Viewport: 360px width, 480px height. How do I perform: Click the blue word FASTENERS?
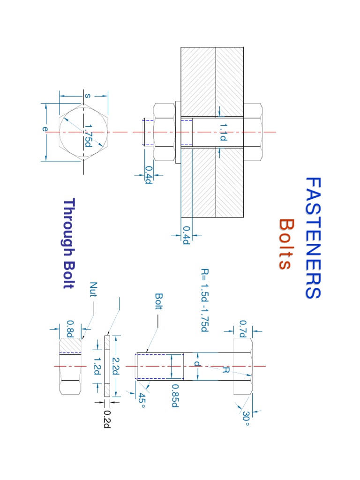tap(313, 238)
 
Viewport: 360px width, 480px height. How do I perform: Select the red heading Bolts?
tap(285, 244)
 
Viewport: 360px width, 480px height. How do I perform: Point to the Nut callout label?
tap(94, 292)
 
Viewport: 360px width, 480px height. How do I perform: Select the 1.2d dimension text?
tap(97, 366)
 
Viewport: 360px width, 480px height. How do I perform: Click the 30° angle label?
tap(246, 419)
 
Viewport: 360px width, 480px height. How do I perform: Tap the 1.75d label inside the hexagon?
tap(87, 135)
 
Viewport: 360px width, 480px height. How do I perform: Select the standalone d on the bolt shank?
tap(197, 364)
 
